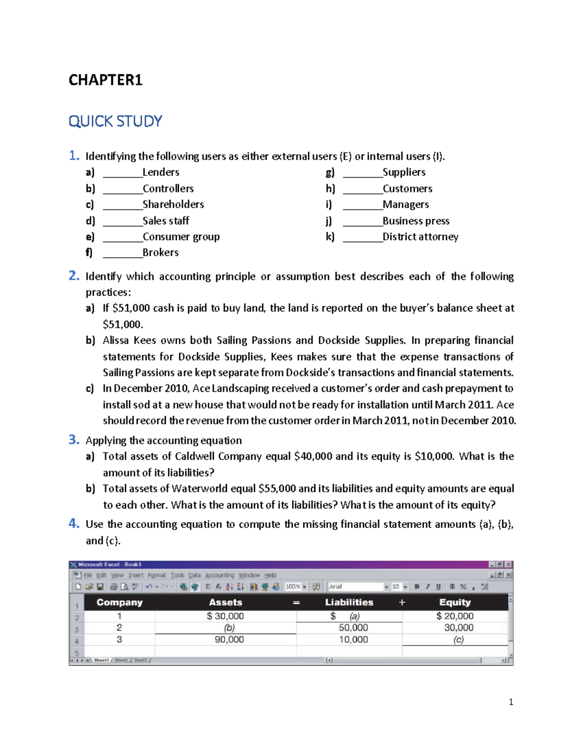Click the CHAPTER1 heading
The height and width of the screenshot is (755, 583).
[105, 80]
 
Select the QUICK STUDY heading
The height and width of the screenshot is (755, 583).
[115, 121]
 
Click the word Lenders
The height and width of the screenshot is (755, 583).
[161, 172]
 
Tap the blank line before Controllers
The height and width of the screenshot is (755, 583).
[122, 190]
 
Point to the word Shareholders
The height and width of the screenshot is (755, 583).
[173, 204]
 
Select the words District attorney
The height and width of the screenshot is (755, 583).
[420, 237]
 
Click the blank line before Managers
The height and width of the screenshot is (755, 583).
[362, 206]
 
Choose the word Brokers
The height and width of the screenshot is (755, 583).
[160, 252]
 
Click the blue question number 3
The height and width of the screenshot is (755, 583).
[73, 439]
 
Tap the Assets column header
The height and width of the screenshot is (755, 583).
[225, 602]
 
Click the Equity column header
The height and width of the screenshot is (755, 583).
[455, 602]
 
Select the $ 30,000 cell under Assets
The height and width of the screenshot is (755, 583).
[225, 616]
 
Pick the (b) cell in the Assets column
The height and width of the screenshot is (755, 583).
[229, 628]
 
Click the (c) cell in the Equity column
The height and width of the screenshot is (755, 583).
[458, 640]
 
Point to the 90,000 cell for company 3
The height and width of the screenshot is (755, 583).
[229, 640]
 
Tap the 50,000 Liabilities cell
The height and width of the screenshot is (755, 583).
[353, 628]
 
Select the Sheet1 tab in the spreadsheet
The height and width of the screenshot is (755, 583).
[101, 660]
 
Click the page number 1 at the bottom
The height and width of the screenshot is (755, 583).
[511, 702]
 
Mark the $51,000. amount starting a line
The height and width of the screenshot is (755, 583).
[123, 324]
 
